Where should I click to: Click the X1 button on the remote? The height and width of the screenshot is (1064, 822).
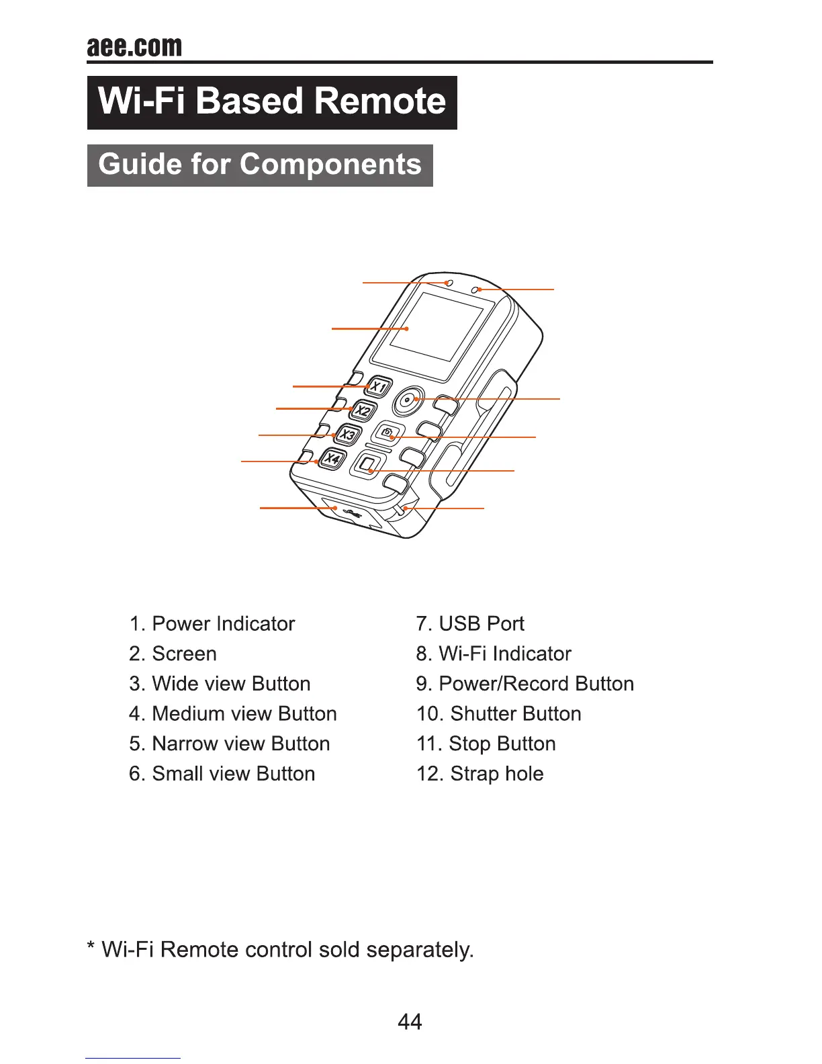(379, 387)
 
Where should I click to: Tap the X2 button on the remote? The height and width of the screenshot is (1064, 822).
(363, 410)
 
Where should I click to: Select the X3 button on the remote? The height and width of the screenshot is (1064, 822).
(347, 435)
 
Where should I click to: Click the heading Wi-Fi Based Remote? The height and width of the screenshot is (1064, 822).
(272, 102)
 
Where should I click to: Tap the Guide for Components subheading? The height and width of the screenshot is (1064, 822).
(260, 165)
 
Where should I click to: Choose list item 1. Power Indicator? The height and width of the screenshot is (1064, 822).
(212, 624)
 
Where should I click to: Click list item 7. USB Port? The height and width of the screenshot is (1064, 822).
(470, 624)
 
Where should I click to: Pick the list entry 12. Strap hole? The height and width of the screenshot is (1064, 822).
(479, 774)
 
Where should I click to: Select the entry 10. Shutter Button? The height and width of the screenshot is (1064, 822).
(498, 714)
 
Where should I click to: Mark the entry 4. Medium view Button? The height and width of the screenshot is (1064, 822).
(233, 714)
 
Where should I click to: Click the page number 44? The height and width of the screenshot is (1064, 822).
(410, 1022)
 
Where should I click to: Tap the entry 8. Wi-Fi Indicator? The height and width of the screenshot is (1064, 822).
(494, 654)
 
